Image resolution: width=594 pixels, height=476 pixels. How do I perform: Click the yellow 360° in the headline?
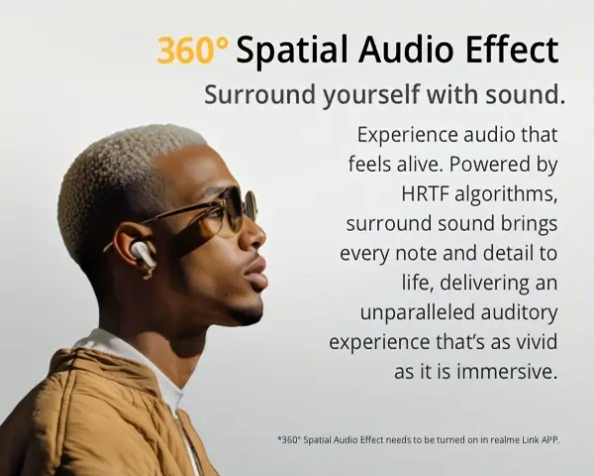(193, 50)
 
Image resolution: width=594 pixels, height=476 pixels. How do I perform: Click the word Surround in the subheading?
(259, 94)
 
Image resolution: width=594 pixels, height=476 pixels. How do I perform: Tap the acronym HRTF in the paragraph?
(425, 193)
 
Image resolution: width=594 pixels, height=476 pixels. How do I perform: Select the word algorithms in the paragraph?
(506, 194)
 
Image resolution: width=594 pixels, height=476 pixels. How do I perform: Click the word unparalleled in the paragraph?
(418, 313)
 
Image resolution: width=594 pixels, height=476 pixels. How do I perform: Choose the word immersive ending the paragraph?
(508, 372)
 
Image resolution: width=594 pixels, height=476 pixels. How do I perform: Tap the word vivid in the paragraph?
(538, 342)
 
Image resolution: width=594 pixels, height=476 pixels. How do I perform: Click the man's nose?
(254, 235)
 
